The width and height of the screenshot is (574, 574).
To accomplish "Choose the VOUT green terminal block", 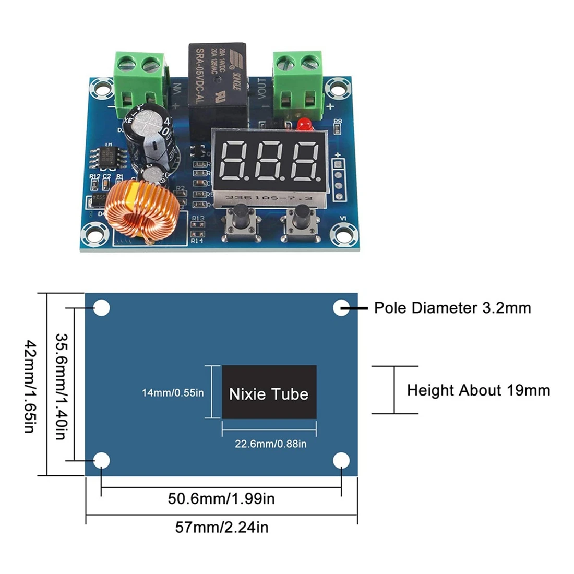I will pos(297,81).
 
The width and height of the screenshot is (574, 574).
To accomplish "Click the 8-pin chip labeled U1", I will pos(110,157).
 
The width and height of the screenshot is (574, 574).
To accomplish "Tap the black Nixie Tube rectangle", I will pos(269,392).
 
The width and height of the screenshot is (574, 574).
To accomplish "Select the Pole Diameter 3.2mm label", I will pos(452,308).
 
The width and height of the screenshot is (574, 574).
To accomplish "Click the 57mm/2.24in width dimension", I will pos(221,527).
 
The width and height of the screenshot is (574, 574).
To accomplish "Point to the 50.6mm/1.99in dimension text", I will pos(221,498).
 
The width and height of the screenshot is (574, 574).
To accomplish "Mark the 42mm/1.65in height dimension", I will pos(30,387).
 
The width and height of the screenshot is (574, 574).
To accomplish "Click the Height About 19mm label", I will pos(478,390).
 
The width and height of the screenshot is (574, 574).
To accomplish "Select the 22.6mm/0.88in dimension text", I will pos(270,444).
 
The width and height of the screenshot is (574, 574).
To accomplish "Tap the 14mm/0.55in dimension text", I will pos(173,392).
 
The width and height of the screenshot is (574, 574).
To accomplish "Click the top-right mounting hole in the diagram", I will pos(341,308).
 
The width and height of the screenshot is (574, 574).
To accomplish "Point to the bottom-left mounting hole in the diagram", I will pos(102,460).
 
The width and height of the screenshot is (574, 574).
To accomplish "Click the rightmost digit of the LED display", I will pos(305,160).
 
